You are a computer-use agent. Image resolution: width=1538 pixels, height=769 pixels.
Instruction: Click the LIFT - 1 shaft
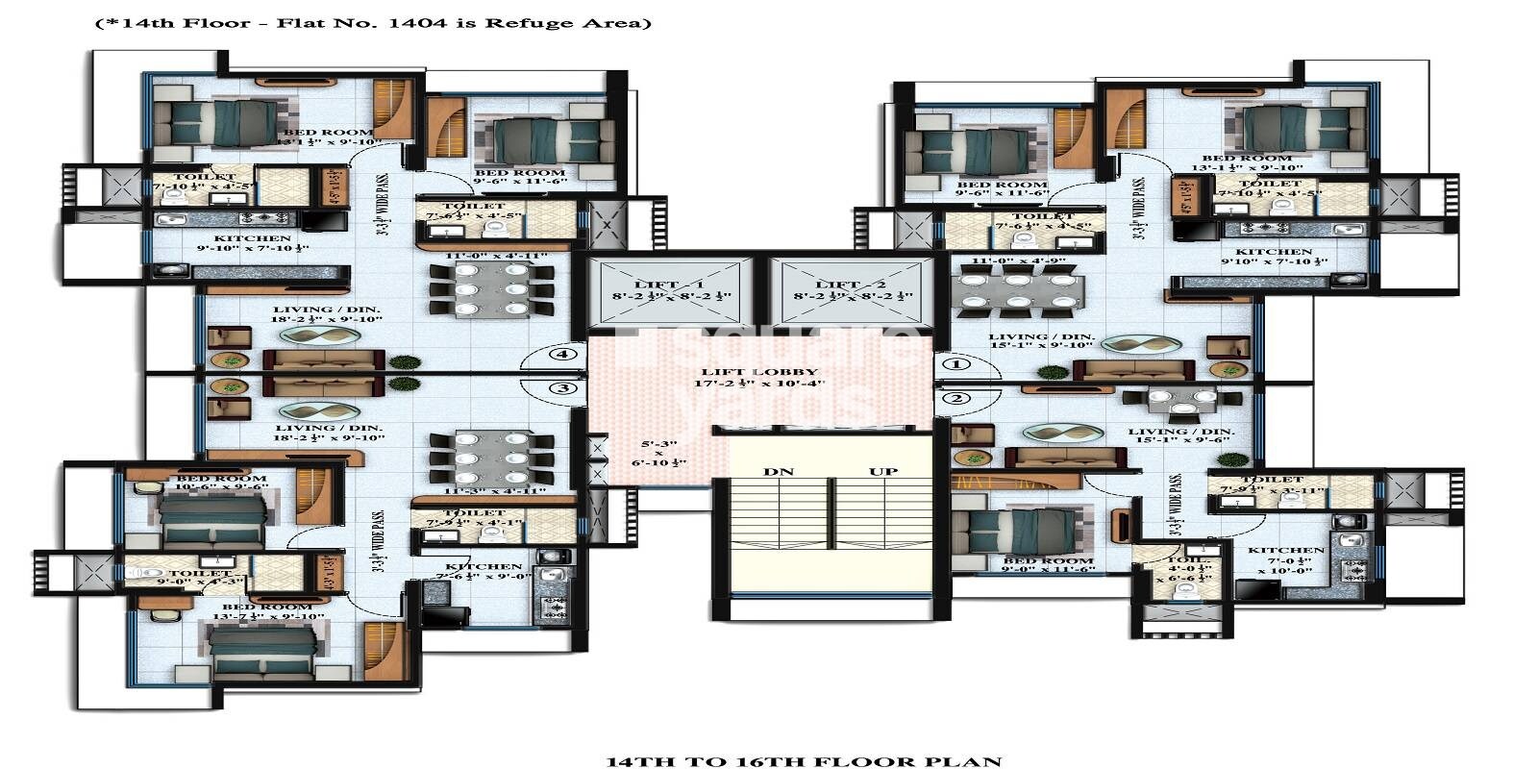[x=672, y=292]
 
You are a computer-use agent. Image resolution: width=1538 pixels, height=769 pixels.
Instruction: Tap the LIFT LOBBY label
[x=759, y=378]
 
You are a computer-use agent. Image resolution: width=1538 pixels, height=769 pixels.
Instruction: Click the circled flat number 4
[x=563, y=354]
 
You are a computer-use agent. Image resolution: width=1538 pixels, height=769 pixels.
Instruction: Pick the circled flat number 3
[x=563, y=388]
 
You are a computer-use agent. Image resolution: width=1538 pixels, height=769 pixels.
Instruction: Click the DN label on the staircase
[x=779, y=472]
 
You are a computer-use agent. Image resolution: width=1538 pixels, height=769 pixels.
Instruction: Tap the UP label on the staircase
[x=883, y=472]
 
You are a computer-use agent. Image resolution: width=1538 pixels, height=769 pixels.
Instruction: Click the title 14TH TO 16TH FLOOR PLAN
[x=804, y=761]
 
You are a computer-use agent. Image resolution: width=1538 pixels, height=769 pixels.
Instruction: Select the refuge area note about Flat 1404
[x=372, y=22]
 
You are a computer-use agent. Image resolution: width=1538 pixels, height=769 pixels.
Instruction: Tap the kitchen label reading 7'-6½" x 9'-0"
[x=484, y=572]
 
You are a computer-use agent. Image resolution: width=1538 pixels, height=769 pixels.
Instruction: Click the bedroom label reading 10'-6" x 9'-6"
[x=222, y=483]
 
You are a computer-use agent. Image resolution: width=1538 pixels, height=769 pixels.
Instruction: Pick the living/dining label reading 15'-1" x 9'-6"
[x=1181, y=437]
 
